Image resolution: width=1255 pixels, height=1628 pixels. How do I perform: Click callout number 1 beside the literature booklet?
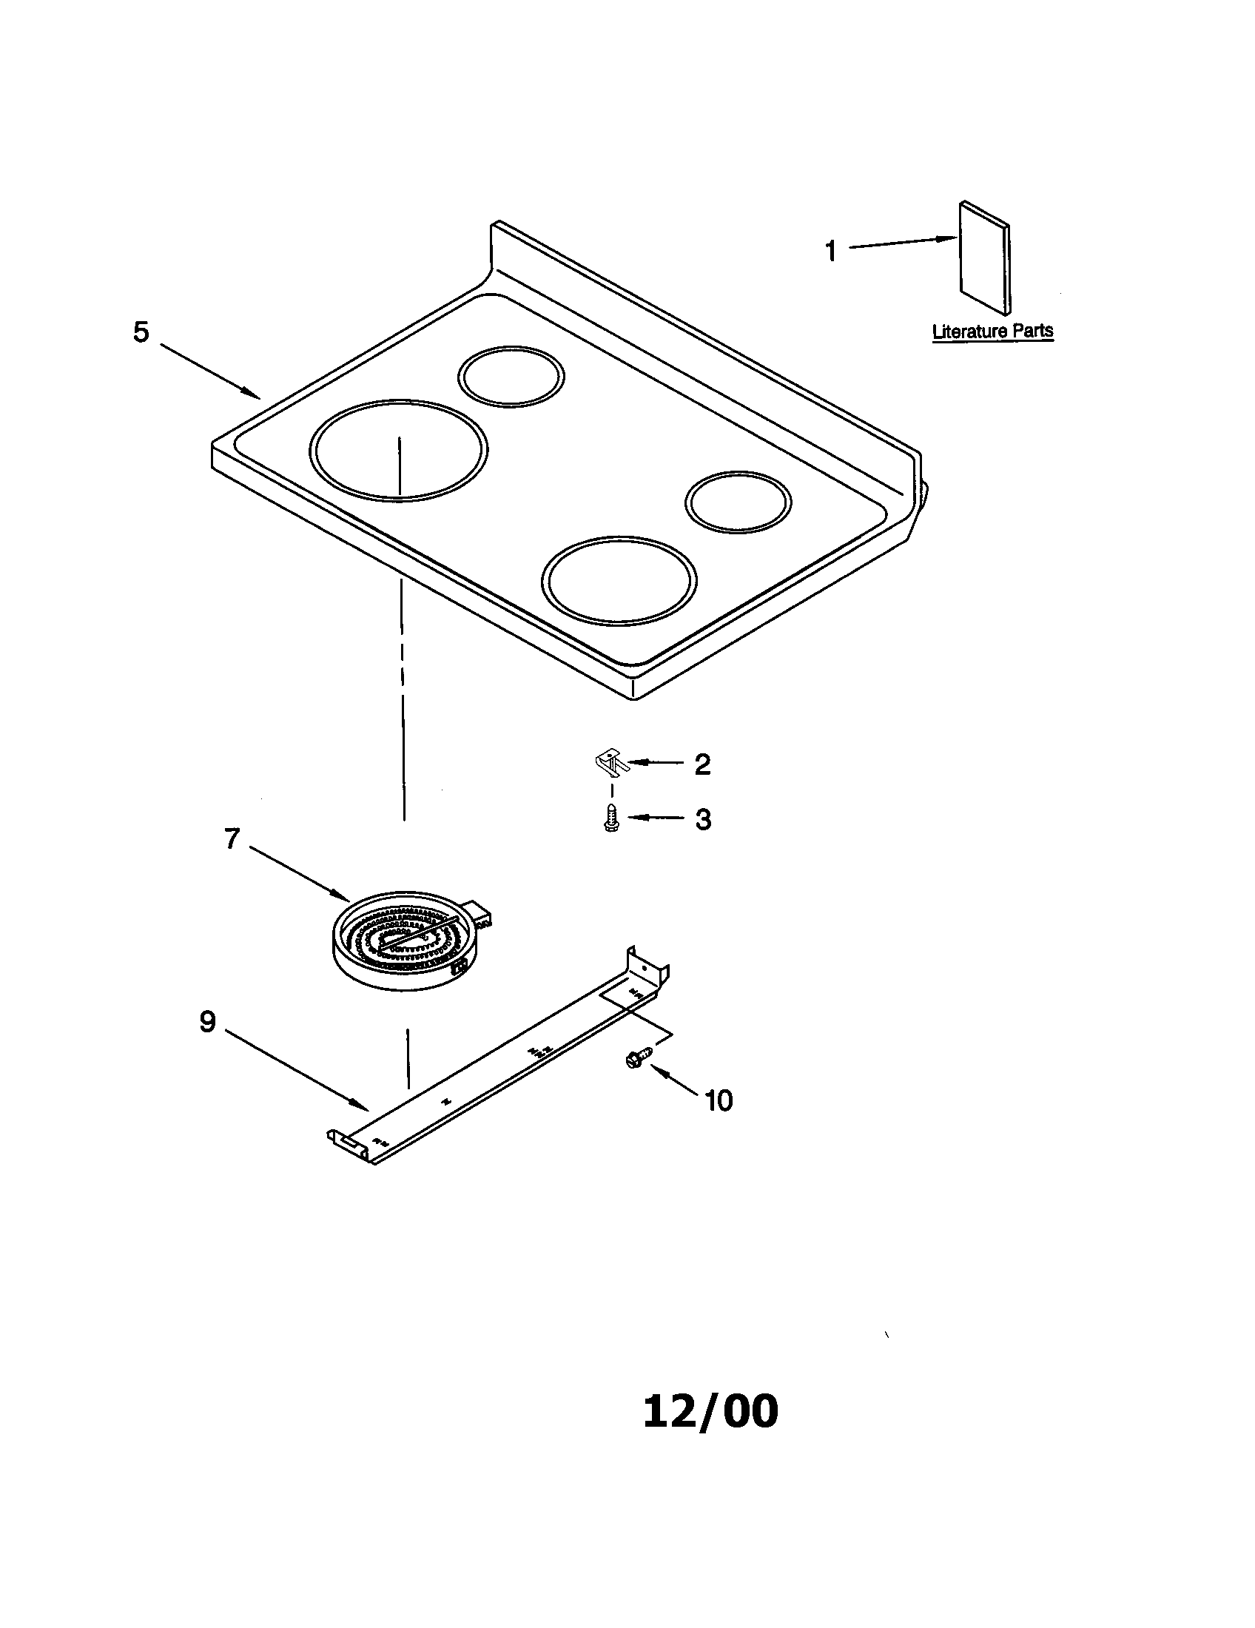click(831, 251)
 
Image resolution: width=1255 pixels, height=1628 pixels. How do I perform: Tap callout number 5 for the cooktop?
click(141, 332)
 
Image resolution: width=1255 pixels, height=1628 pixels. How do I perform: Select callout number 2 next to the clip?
click(702, 764)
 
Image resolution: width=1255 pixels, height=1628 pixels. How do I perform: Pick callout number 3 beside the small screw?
click(703, 819)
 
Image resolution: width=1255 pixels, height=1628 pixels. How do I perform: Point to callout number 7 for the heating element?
click(232, 839)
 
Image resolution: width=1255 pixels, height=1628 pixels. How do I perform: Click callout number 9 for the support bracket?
click(207, 1021)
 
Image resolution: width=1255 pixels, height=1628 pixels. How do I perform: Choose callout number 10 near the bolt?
click(719, 1100)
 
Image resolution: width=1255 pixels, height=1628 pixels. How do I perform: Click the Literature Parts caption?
click(992, 331)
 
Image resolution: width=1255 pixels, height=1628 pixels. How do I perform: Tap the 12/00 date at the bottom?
click(710, 1411)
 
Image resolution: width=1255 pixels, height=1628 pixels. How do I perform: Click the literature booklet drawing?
click(984, 258)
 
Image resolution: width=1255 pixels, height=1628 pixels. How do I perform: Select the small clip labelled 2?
click(610, 761)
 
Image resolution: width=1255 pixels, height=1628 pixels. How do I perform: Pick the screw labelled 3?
click(611, 819)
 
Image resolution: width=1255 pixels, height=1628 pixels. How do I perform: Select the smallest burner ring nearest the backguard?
click(511, 376)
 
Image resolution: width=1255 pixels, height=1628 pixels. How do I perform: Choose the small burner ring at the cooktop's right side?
click(738, 503)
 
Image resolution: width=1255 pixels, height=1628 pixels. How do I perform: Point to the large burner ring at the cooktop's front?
click(619, 579)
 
